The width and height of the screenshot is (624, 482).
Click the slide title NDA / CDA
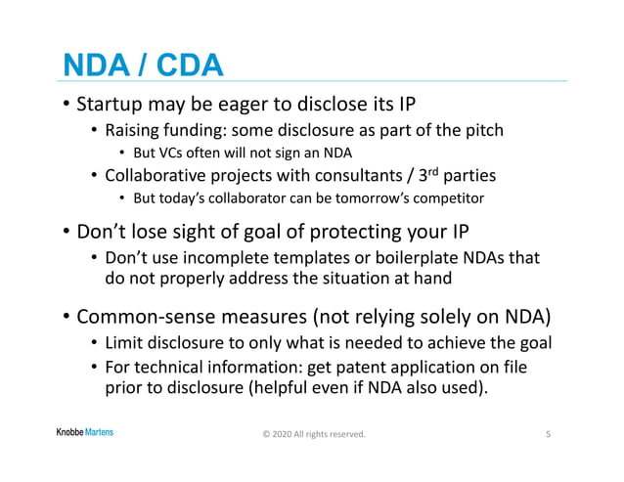(143, 65)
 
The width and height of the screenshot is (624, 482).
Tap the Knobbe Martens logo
(83, 432)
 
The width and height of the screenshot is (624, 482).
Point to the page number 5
(548, 433)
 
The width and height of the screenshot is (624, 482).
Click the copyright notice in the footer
(314, 433)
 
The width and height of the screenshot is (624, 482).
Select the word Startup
(112, 105)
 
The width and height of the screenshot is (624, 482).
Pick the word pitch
(480, 130)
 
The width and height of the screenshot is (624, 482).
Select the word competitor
(449, 199)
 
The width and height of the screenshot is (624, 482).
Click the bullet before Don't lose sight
(65, 232)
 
